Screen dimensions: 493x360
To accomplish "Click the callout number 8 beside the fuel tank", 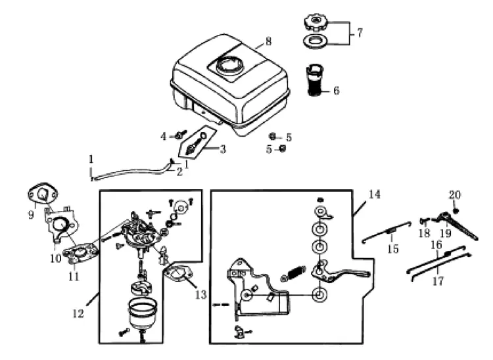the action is click(x=268, y=42).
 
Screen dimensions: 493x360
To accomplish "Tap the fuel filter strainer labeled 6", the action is click(x=315, y=80).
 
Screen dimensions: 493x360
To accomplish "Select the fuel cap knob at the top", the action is click(x=316, y=23).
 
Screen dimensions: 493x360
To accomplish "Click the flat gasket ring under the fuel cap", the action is click(x=315, y=41).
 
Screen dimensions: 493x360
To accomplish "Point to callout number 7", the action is click(x=360, y=33).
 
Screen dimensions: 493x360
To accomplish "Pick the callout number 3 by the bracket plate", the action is click(x=223, y=149).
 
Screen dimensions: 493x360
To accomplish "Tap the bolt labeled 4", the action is click(x=181, y=135).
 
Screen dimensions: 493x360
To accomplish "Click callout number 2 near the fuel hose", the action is click(x=179, y=172).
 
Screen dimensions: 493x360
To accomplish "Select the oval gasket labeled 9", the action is click(x=43, y=194).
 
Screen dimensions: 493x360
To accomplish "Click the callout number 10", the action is click(x=56, y=258).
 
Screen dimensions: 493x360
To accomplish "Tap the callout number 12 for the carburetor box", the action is click(x=78, y=313).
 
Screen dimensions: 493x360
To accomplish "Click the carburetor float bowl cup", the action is click(x=142, y=314).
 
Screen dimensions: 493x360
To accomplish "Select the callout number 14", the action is click(x=374, y=194).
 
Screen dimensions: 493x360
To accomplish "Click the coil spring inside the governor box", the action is click(x=293, y=273).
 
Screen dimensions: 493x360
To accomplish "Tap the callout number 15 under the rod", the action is click(x=393, y=249).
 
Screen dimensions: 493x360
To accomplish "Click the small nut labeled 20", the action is click(x=456, y=211).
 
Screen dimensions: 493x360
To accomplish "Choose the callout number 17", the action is click(x=438, y=281).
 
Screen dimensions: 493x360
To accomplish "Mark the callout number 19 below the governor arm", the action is click(x=446, y=233).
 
